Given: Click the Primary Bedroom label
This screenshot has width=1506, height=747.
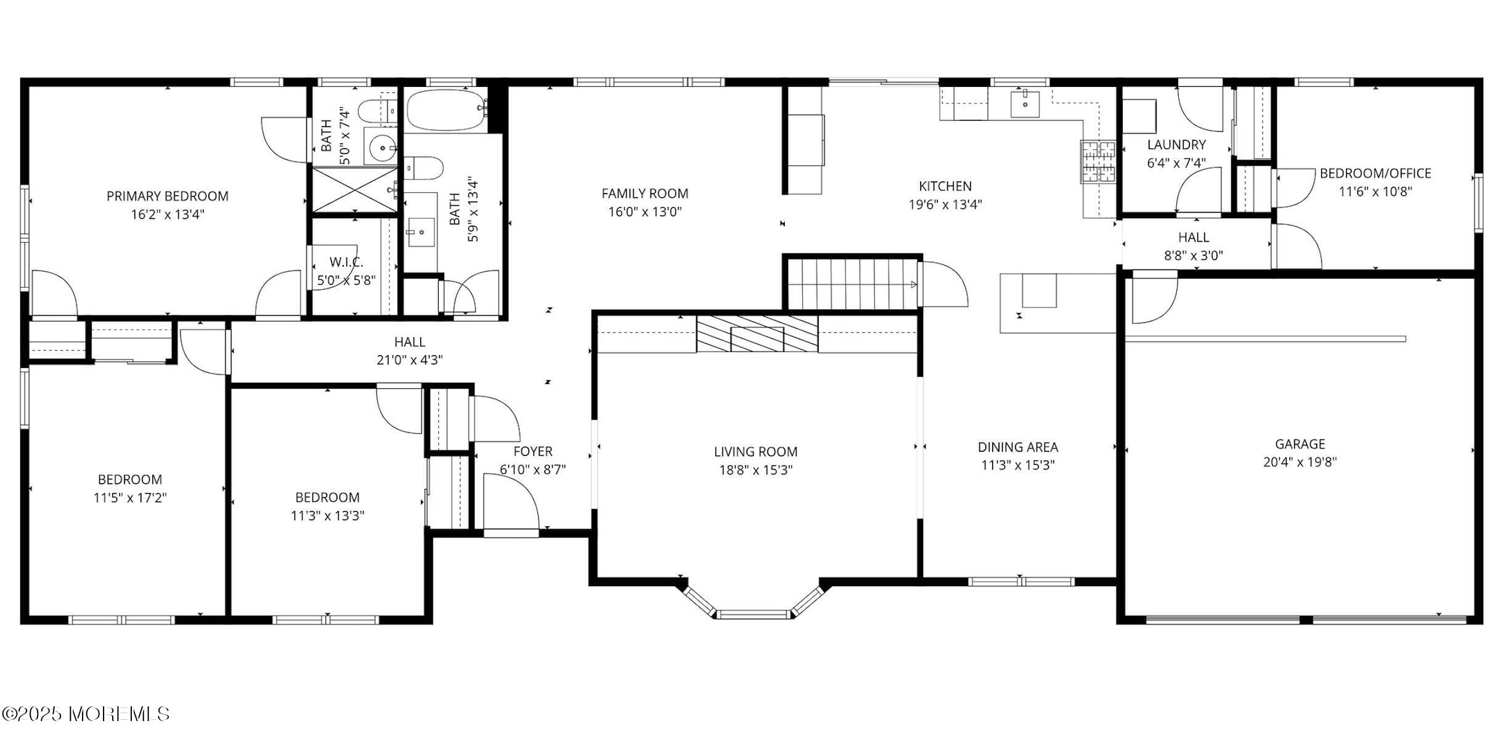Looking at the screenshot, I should [167, 196].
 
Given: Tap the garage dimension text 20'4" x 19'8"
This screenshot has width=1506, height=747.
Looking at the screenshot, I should [1300, 462].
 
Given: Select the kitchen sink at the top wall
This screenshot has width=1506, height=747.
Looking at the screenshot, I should [1025, 104].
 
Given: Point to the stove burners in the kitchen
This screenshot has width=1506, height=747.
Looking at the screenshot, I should [1097, 161].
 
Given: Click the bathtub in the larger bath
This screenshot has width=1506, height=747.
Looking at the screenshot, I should [445, 110].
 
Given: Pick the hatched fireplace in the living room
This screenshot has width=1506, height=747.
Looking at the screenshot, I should [757, 334].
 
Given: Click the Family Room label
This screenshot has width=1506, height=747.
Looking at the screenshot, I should [645, 194].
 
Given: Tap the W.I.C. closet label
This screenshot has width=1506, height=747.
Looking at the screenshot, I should [346, 262].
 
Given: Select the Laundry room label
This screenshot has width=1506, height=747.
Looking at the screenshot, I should [1176, 145].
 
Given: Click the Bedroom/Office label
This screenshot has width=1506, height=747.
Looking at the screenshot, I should [1375, 173].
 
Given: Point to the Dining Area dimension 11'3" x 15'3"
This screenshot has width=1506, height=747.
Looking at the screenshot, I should [1017, 465].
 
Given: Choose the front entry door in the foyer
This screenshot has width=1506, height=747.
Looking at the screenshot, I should [510, 505].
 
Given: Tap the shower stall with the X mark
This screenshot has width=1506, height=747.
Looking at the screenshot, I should [354, 190].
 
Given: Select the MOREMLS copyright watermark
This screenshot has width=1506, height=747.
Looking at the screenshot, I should [86, 714].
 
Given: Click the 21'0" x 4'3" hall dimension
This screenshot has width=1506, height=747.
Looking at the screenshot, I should [409, 360].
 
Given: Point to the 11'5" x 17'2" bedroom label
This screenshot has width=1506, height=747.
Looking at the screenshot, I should [130, 497].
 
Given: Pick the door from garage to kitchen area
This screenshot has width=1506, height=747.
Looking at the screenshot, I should [1154, 297].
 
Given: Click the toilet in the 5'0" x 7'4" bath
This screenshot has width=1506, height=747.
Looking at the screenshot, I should [372, 112].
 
